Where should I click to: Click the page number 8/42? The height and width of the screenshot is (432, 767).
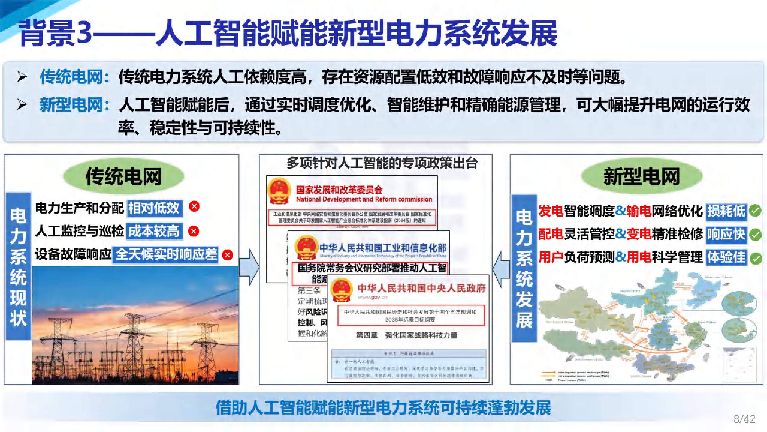(x=744, y=419)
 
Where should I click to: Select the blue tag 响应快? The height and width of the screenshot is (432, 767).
(x=726, y=234)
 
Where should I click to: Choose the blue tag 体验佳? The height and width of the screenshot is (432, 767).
(x=726, y=257)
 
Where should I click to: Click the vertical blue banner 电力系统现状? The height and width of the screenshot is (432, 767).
(x=18, y=266)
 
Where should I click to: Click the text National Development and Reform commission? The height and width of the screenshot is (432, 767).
(x=364, y=199)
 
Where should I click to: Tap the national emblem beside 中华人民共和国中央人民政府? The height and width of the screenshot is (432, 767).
(x=342, y=291)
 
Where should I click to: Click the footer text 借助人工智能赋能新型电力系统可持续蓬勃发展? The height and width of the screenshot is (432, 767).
(x=383, y=408)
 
